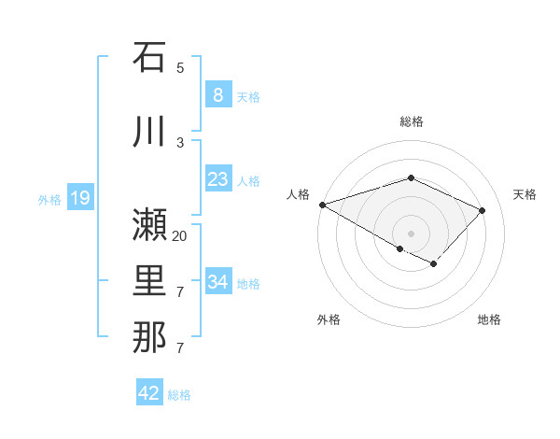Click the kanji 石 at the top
pyautogui.click(x=149, y=57)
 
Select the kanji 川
pyautogui.click(x=149, y=132)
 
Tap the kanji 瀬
pyautogui.click(x=149, y=225)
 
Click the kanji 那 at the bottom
pyautogui.click(x=149, y=337)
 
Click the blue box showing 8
pyautogui.click(x=217, y=95)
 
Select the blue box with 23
pyautogui.click(x=217, y=179)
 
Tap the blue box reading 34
pyautogui.click(x=217, y=282)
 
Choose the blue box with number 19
pyautogui.click(x=79, y=198)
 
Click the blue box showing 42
pyautogui.click(x=149, y=393)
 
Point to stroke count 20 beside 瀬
pyautogui.click(x=180, y=236)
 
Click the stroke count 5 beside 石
pyautogui.click(x=180, y=68)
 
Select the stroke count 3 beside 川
pyautogui.click(x=180, y=143)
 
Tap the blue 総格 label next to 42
pyautogui.click(x=179, y=395)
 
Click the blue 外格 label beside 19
pyautogui.click(x=49, y=199)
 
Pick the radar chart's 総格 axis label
pyautogui.click(x=411, y=121)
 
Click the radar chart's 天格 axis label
pyautogui.click(x=525, y=194)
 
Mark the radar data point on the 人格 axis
pyautogui.click(x=322, y=205)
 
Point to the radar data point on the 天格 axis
pyautogui.click(x=482, y=210)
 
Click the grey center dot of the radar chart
pyautogui.click(x=411, y=233)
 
